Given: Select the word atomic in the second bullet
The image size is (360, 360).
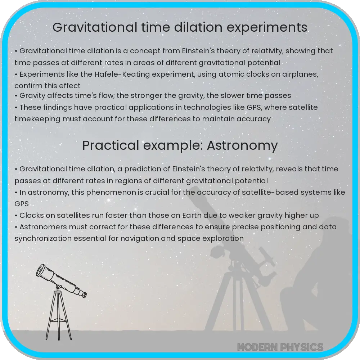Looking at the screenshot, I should click(x=222, y=74).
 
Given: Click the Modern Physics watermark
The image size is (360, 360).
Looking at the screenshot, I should click(x=280, y=347).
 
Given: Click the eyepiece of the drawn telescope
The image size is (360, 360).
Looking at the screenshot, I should click(x=84, y=295).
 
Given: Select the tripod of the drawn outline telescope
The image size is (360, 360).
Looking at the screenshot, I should click(x=58, y=317).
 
